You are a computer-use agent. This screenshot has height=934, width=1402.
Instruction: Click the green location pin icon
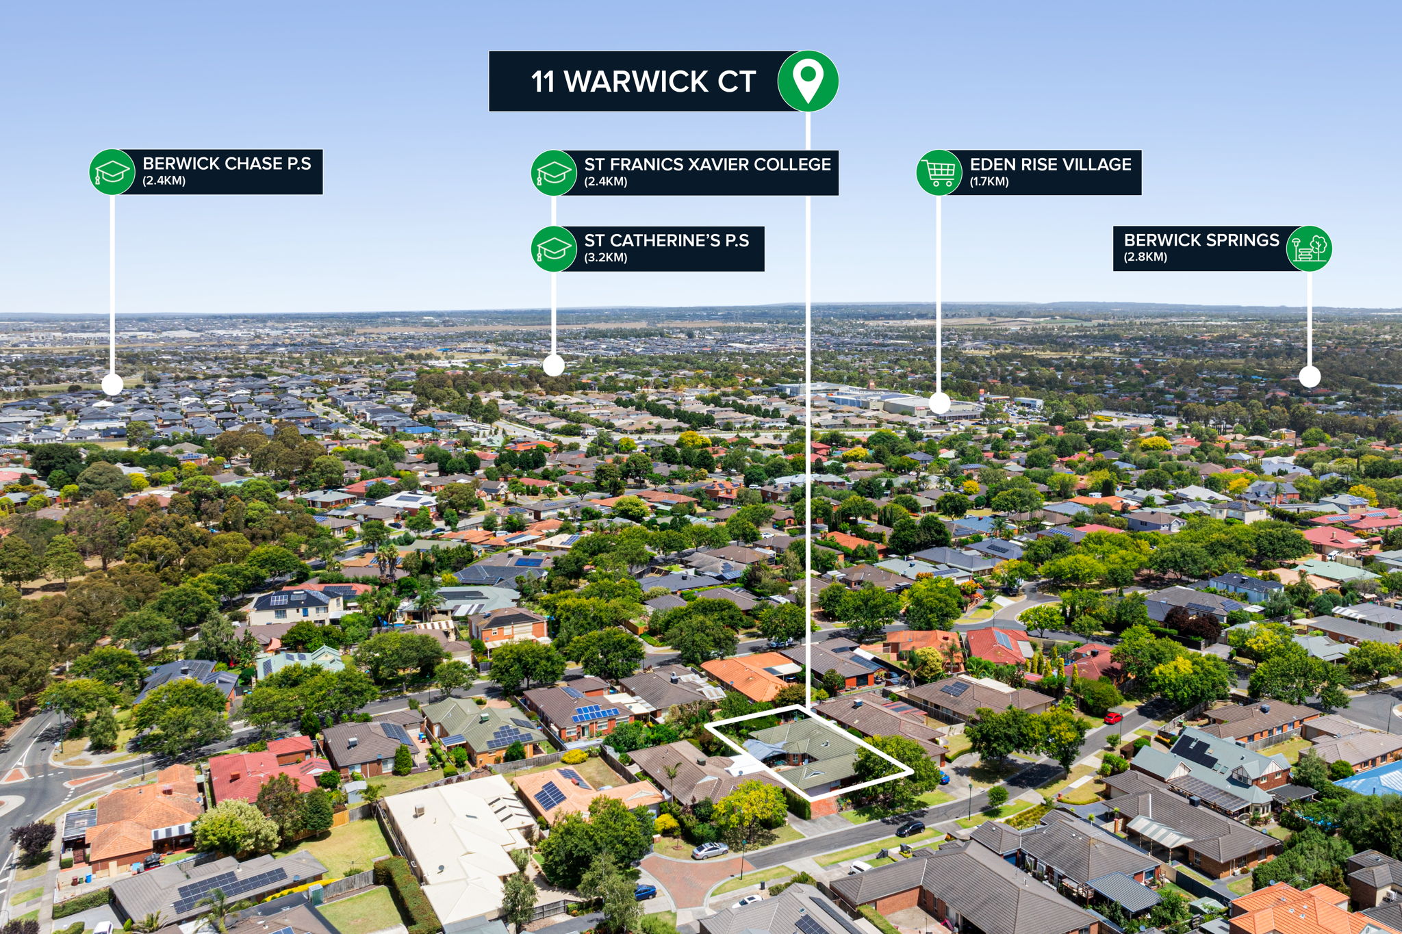pyautogui.click(x=808, y=81)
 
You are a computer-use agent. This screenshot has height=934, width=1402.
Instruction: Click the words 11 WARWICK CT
pyautogui.click(x=643, y=81)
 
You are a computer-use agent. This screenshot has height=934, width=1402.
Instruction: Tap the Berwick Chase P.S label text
pyautogui.click(x=227, y=164)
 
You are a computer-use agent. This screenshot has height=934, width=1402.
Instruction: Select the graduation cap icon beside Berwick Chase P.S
pyautogui.click(x=112, y=172)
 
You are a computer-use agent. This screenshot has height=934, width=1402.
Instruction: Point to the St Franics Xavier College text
pyautogui.click(x=707, y=164)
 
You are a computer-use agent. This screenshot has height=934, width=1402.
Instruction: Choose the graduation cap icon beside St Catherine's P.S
pyautogui.click(x=554, y=248)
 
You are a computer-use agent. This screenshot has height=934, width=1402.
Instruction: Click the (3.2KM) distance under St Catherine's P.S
pyautogui.click(x=606, y=258)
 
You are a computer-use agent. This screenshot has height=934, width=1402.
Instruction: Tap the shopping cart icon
pyautogui.click(x=939, y=172)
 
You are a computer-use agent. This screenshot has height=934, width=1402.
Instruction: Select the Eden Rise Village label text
pyautogui.click(x=1051, y=164)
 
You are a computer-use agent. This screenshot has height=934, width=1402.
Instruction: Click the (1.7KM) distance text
pyautogui.click(x=989, y=182)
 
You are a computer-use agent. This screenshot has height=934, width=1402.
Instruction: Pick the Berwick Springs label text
pyautogui.click(x=1201, y=240)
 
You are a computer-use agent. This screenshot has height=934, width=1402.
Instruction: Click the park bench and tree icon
pyautogui.click(x=1309, y=248)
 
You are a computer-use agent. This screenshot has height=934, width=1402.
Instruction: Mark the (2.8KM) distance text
pyautogui.click(x=1145, y=257)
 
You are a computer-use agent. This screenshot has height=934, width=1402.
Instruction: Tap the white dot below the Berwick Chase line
pyautogui.click(x=112, y=385)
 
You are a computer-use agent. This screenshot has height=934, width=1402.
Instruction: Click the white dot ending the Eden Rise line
pyautogui.click(x=939, y=403)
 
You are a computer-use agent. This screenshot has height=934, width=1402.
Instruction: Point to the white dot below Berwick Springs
pyautogui.click(x=1310, y=376)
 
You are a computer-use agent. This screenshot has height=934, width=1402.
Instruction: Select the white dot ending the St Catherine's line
pyautogui.click(x=554, y=365)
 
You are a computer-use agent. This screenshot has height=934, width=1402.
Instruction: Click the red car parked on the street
pyautogui.click(x=1112, y=718)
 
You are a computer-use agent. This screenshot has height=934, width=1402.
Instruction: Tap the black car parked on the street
pyautogui.click(x=910, y=829)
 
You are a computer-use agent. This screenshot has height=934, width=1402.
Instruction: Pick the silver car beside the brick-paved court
pyautogui.click(x=710, y=851)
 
